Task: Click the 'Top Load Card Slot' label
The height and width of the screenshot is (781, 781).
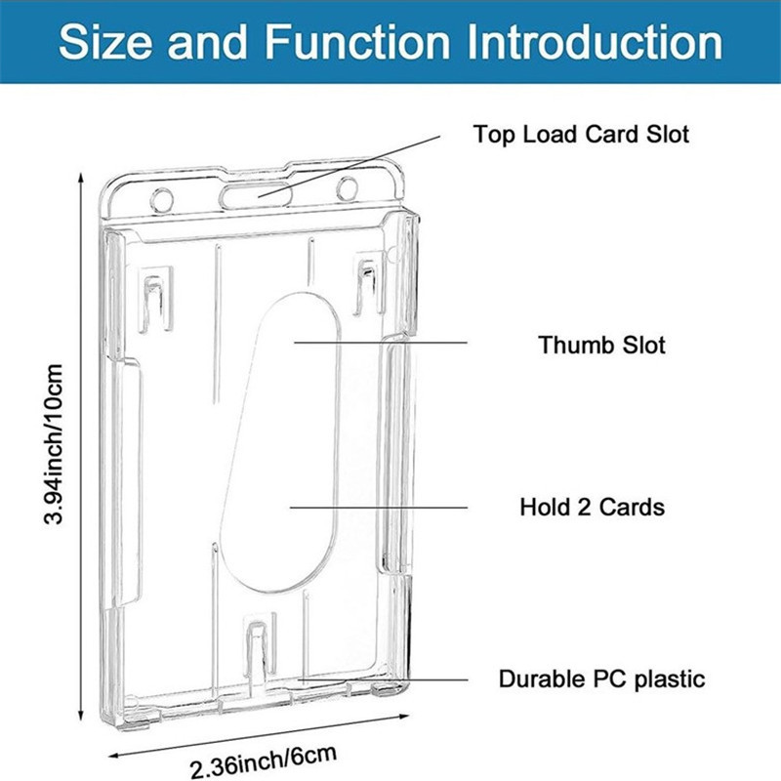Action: pyautogui.click(x=581, y=134)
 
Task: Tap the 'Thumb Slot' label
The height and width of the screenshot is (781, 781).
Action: pyautogui.click(x=601, y=345)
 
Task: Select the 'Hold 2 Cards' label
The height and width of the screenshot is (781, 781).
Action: pyautogui.click(x=592, y=507)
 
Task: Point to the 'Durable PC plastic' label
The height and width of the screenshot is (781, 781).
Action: pyautogui.click(x=601, y=678)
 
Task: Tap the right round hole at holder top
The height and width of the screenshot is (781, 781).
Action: pyautogui.click(x=348, y=187)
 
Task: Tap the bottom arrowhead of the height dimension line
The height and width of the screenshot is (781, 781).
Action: pyautogui.click(x=79, y=713)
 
